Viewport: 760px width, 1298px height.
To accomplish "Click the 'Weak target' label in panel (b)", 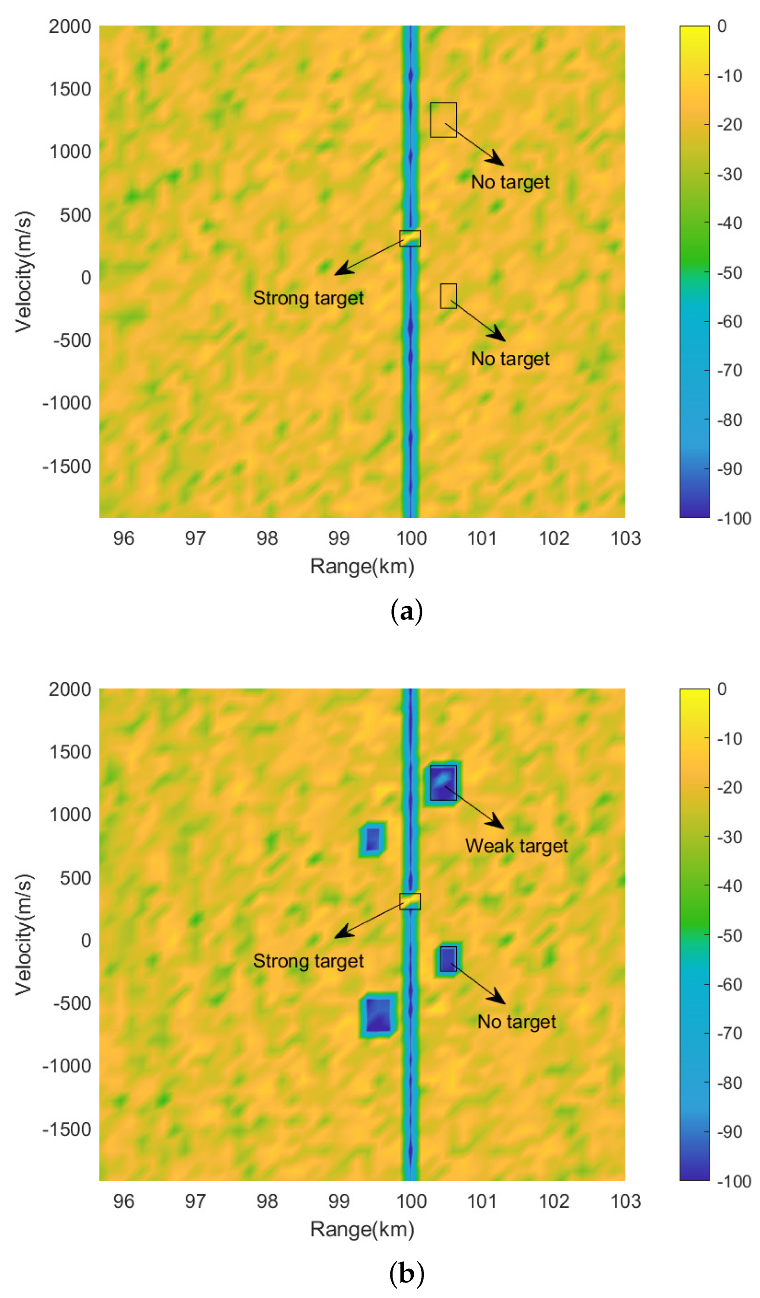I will click(516, 846).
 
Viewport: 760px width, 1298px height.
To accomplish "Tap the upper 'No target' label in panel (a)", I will click(510, 182).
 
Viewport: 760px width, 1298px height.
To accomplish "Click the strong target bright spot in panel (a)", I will click(410, 238).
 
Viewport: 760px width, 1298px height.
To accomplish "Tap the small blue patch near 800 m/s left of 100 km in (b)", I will click(372, 840).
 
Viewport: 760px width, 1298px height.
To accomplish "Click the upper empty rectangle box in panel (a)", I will click(443, 119).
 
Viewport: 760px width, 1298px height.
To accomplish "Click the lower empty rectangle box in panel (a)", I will click(448, 296).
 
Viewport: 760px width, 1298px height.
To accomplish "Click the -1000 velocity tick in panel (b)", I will click(66, 1066).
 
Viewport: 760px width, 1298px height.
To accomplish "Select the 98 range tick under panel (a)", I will click(267, 538).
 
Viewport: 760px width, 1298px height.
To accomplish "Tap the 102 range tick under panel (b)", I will click(554, 1201).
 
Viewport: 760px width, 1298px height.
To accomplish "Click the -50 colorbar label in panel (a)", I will click(729, 273).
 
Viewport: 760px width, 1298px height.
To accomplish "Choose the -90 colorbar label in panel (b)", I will click(729, 1132).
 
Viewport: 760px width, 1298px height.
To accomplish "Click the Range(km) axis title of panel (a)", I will click(362, 566).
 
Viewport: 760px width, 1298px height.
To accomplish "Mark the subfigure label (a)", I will click(406, 611).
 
